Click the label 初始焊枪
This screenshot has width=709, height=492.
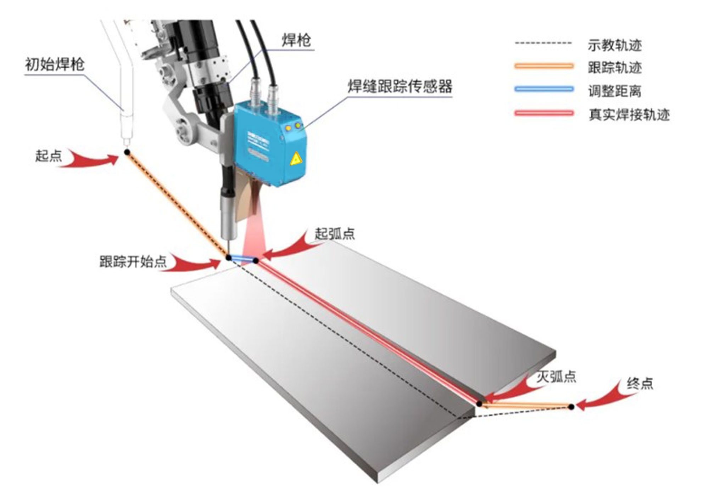point(55,64)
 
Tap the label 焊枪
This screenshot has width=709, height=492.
point(296,40)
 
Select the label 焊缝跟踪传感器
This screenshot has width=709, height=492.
point(400,86)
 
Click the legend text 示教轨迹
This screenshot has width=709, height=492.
point(615,45)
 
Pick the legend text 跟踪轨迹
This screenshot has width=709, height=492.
point(615,67)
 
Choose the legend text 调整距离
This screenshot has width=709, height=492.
point(615,91)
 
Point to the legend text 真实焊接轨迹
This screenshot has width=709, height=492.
point(629,114)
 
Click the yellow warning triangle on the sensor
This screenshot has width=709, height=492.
point(296,159)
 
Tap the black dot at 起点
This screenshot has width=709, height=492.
point(127,152)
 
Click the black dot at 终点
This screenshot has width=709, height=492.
point(571,407)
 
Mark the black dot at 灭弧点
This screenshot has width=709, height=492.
point(479,403)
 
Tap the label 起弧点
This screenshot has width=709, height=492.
point(335,233)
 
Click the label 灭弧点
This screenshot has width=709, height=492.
point(556,376)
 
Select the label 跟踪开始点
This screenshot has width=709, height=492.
point(133,261)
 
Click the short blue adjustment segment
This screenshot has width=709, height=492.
point(242,259)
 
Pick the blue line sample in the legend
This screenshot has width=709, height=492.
point(544,89)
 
